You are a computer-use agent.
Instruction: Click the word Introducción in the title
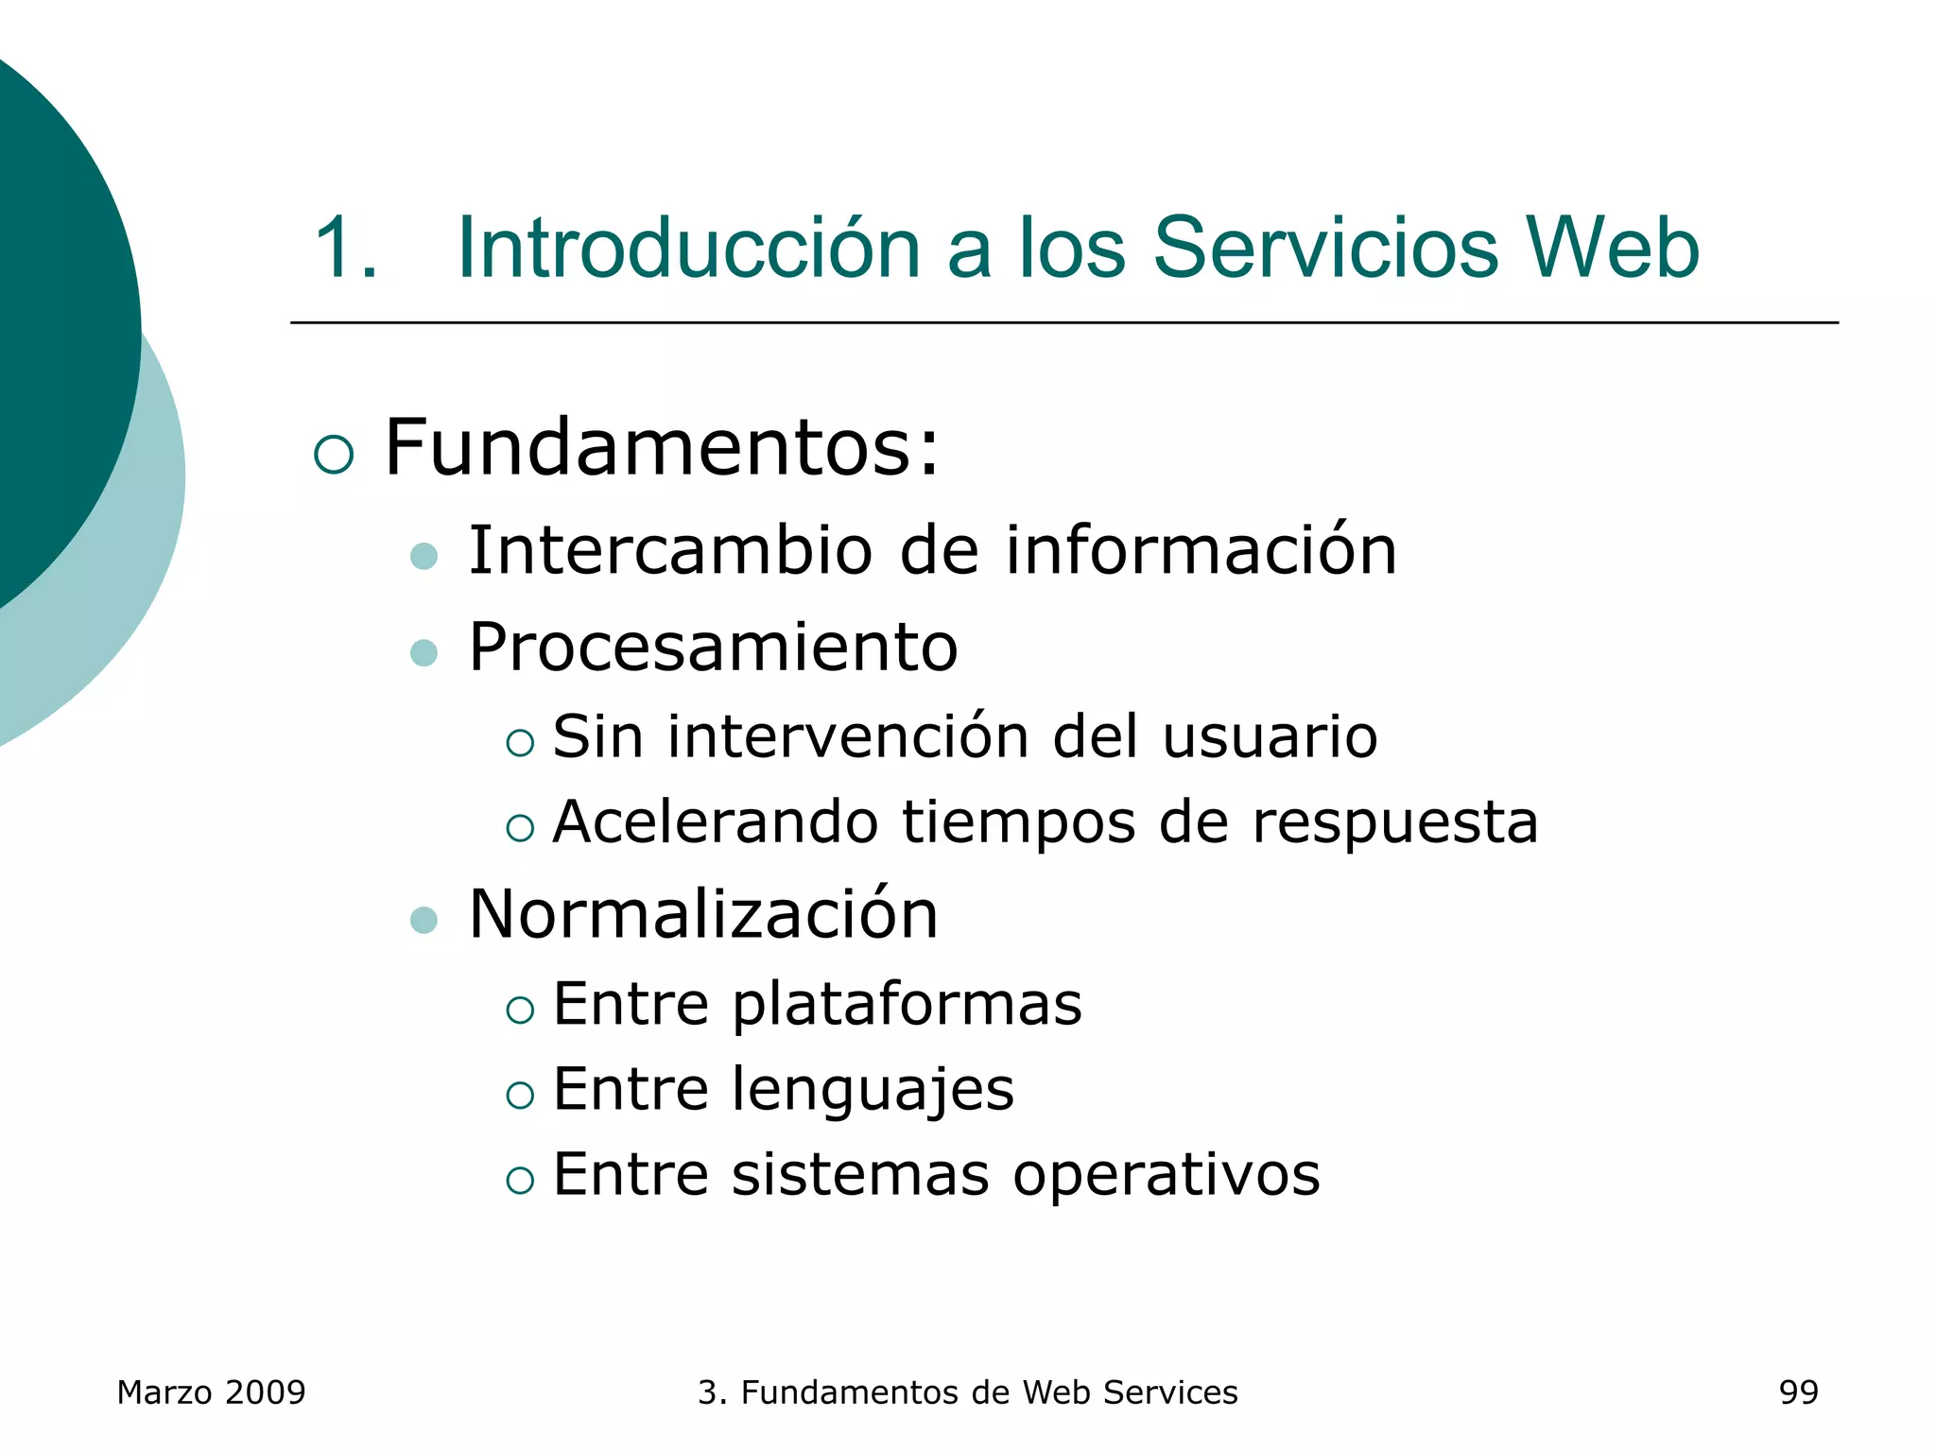pos(688,248)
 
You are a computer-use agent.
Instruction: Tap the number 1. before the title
pos(345,248)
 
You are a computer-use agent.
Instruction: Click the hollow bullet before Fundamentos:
pos(334,455)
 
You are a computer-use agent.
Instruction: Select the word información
pos(1201,550)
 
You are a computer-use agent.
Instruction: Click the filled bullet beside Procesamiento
pos(424,652)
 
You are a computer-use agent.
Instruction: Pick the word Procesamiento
pos(713,648)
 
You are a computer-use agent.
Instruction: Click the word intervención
pos(848,736)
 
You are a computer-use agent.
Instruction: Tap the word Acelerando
pos(716,821)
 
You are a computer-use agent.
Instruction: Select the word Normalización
pos(703,914)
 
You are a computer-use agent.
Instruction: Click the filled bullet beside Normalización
pos(424,920)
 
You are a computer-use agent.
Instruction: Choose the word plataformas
pos(907,1004)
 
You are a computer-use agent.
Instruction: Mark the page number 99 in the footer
pos(1798,1392)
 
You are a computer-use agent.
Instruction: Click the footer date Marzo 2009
pos(211,1392)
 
